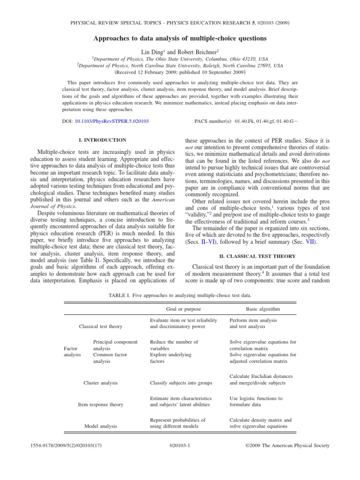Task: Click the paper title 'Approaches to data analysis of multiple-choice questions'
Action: pos(180,38)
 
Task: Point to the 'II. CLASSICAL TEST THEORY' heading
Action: pos(258,256)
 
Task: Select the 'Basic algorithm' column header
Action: pos(263,309)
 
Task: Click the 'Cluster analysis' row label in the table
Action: pos(100,382)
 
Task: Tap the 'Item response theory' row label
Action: pos(100,404)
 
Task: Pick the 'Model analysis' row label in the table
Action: pos(100,426)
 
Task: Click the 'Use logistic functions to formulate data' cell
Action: pos(256,401)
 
